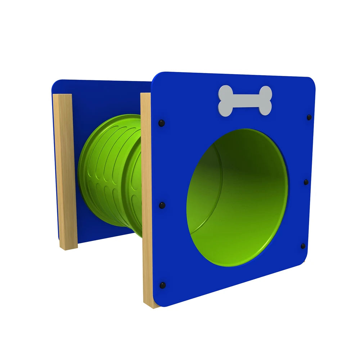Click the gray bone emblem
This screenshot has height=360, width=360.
[x=245, y=100]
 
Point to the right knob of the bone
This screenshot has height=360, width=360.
[x=265, y=100]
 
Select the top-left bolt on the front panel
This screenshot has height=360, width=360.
[x=161, y=123]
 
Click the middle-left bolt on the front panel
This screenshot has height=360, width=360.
[x=162, y=205]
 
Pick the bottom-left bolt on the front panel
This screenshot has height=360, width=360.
[x=163, y=285]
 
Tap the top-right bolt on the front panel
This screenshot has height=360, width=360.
[x=309, y=117]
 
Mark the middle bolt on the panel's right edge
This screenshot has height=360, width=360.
[x=306, y=182]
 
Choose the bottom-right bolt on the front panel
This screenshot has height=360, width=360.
[x=303, y=246]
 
